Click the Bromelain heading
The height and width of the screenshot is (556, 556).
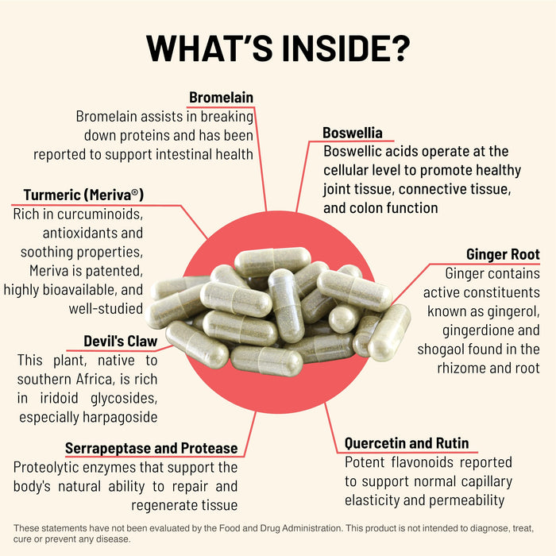221,98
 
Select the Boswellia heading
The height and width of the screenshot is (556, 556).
353,133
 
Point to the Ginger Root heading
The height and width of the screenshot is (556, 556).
503,255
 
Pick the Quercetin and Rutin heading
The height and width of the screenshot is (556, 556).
407,443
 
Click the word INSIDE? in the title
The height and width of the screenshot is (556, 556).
334,48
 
